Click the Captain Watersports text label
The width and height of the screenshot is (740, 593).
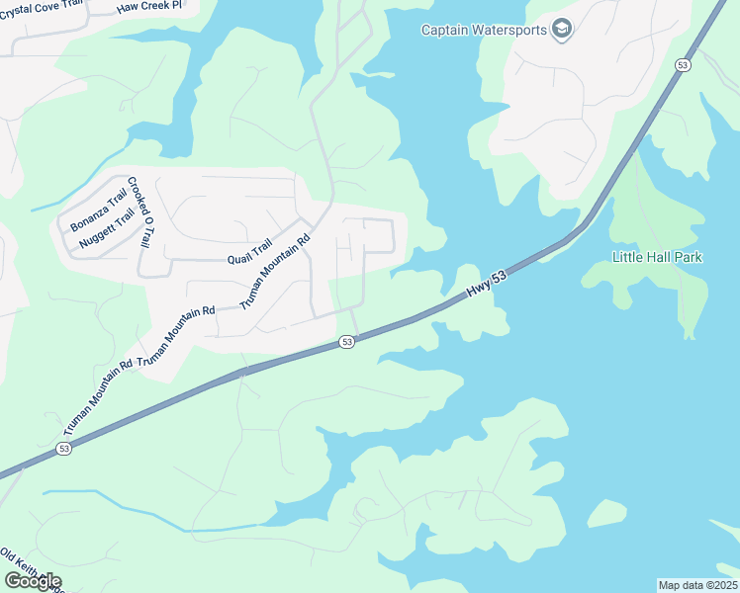(484, 30)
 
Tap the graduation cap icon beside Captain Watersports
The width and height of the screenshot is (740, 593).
(562, 29)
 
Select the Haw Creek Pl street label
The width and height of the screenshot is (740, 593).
(149, 6)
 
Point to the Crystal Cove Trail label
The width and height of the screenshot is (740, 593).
(41, 5)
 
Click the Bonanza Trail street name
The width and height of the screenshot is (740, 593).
(99, 211)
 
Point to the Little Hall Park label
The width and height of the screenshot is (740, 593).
(657, 257)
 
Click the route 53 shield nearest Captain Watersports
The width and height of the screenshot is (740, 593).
(683, 64)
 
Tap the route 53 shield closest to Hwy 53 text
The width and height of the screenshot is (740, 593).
(346, 342)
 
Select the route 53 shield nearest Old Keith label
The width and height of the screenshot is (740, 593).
(63, 449)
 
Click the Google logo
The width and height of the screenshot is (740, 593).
(33, 581)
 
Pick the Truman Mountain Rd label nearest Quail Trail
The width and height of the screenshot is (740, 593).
(276, 269)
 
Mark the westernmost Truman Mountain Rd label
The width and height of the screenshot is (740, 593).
(96, 399)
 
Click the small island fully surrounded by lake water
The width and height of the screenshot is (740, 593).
(606, 513)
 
